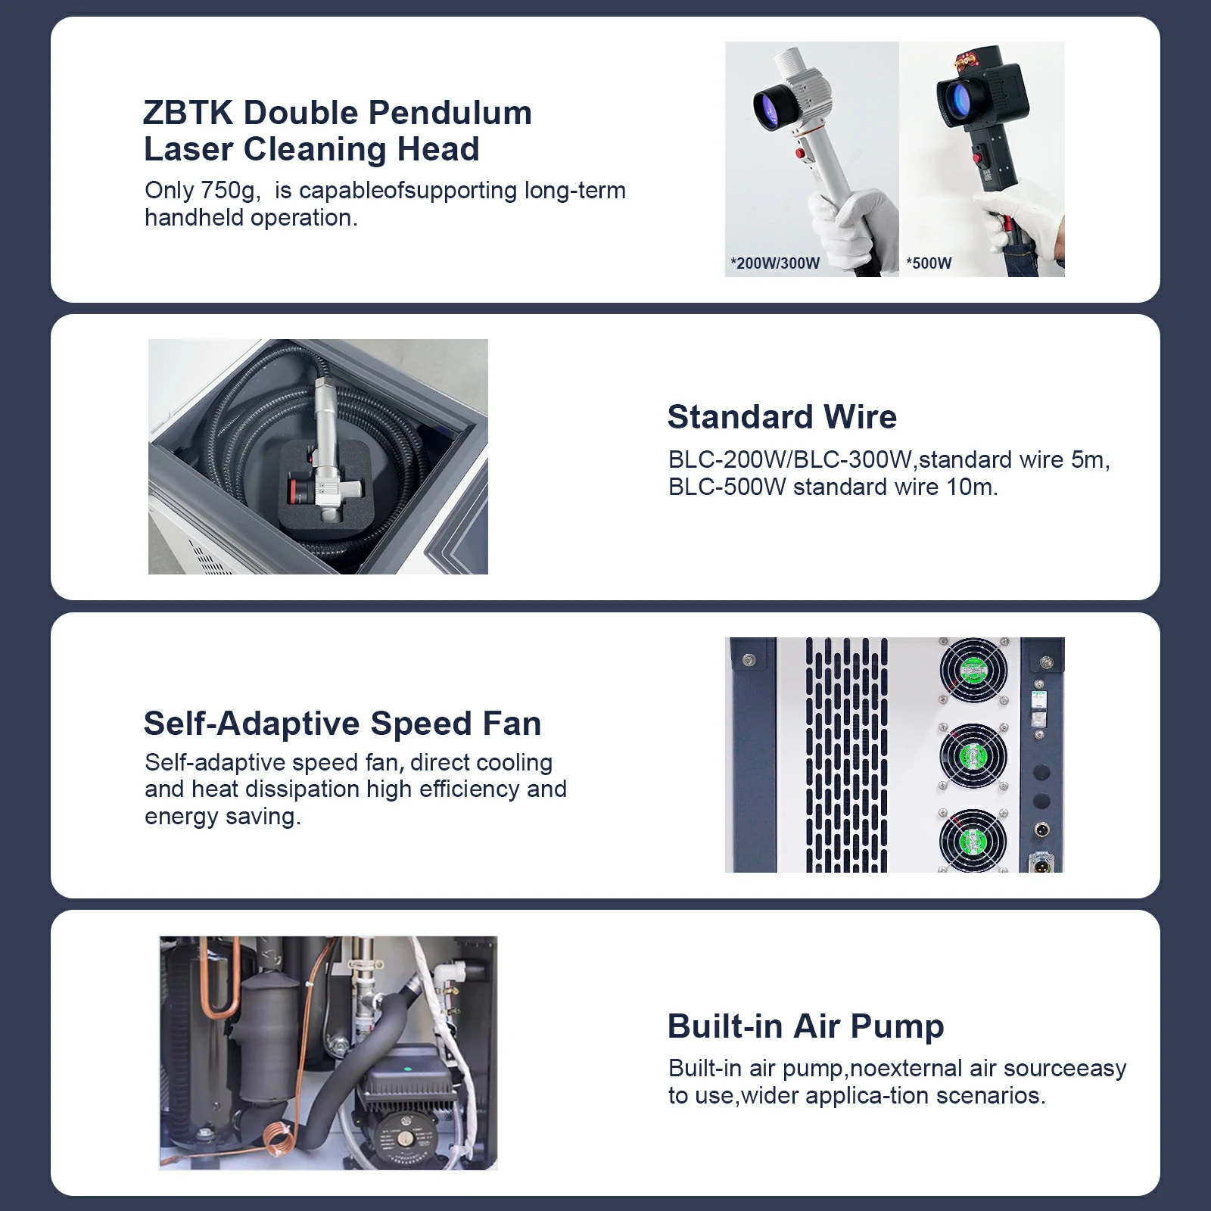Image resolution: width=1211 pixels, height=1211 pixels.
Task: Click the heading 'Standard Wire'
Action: pos(782,417)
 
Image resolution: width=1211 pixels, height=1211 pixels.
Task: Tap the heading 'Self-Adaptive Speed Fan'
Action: pos(343,724)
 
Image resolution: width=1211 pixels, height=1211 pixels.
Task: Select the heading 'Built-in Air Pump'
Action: pos(806,1026)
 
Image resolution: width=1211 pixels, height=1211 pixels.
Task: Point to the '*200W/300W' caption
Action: pos(775,263)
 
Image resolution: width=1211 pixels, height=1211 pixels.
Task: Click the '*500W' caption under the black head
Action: pos(929,263)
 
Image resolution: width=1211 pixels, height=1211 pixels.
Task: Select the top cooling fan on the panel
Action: pos(973,671)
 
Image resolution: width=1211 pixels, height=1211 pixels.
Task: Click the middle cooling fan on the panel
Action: pos(973,756)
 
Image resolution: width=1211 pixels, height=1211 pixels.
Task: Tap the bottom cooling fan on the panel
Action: pos(973,842)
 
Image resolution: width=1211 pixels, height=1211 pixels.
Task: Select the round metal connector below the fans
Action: pos(1042,830)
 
